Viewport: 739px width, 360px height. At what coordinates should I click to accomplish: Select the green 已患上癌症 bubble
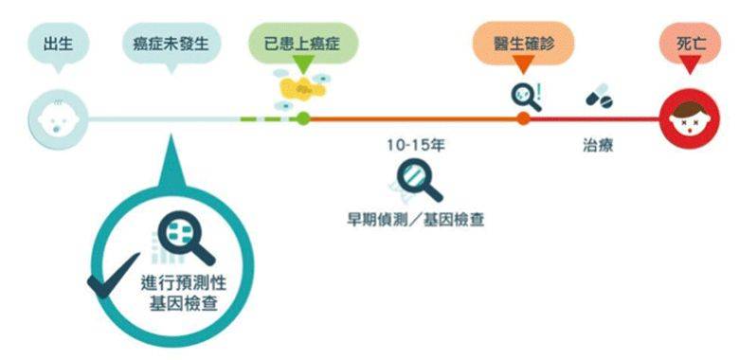pos(302,43)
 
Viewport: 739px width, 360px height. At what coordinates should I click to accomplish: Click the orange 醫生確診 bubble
pos(523,43)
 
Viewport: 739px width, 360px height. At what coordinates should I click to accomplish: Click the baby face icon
pos(59,118)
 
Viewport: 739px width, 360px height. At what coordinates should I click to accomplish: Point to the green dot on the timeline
pos(302,118)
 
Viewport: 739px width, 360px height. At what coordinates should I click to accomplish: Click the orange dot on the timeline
pos(523,118)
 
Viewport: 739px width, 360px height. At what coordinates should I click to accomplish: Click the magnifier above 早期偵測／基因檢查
pos(418,180)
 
